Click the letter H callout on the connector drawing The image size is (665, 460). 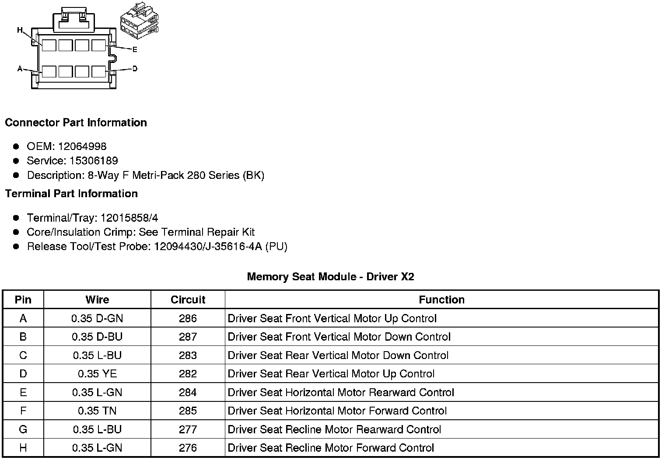20,30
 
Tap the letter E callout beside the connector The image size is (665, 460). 135,49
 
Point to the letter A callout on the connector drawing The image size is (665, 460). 20,69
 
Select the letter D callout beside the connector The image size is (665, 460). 135,69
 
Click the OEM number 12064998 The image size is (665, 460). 82,146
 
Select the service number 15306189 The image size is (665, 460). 94,161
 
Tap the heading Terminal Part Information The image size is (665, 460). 71,194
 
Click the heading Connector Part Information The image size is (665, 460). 76,122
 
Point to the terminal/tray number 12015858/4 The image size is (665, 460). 129,218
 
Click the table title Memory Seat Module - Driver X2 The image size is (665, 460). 330,276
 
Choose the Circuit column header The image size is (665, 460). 188,300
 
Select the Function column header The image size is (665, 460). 441,300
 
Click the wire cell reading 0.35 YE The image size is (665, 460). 97,374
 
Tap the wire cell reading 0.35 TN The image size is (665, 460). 97,411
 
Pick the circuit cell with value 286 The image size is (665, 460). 188,318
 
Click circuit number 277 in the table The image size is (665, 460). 188,429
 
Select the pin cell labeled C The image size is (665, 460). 23,355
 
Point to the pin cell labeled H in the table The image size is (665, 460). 23,448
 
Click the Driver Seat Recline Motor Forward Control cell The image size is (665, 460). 331,448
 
